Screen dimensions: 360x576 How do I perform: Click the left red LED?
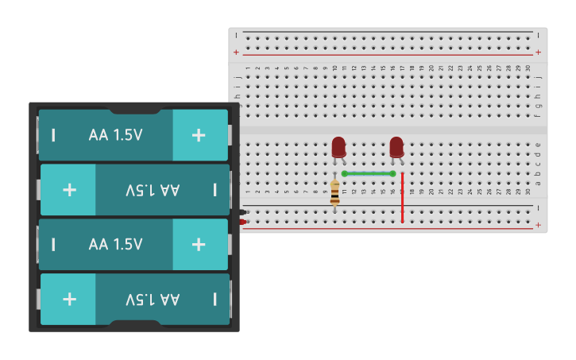click(338, 147)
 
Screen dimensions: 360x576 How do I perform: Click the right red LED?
click(396, 147)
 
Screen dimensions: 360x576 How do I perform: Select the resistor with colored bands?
click(334, 192)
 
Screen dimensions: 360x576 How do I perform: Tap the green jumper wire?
click(368, 173)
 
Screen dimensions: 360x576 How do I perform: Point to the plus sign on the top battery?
click(199, 135)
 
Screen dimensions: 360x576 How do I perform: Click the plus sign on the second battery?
click(69, 190)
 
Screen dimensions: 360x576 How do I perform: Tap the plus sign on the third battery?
click(199, 244)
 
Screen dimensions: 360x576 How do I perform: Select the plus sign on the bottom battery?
click(69, 299)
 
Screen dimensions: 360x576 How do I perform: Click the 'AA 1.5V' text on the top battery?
click(116, 135)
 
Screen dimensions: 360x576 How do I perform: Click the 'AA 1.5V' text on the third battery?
click(116, 244)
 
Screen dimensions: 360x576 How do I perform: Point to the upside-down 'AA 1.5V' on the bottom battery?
click(153, 299)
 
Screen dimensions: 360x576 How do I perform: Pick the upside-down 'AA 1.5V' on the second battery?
click(153, 190)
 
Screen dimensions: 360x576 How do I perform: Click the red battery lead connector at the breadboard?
click(242, 222)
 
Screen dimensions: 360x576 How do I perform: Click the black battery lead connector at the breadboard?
click(242, 211)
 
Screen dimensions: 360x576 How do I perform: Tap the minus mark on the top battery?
click(53, 135)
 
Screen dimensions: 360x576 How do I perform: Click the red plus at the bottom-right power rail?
click(538, 226)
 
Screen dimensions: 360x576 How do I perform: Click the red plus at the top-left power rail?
click(236, 52)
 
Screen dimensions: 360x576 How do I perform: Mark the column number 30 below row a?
click(528, 192)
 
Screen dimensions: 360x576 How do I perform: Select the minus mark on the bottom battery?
click(215, 299)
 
